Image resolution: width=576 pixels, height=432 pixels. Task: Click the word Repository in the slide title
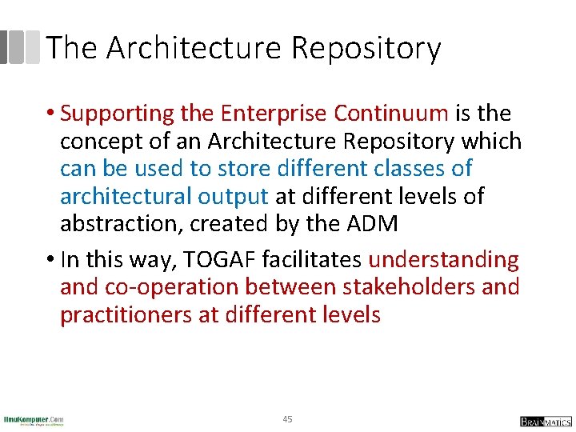(x=366, y=48)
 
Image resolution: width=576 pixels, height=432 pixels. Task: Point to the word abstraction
(x=122, y=223)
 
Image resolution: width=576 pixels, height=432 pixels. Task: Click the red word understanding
(x=443, y=260)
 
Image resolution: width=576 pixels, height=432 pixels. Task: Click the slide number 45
(x=288, y=419)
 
